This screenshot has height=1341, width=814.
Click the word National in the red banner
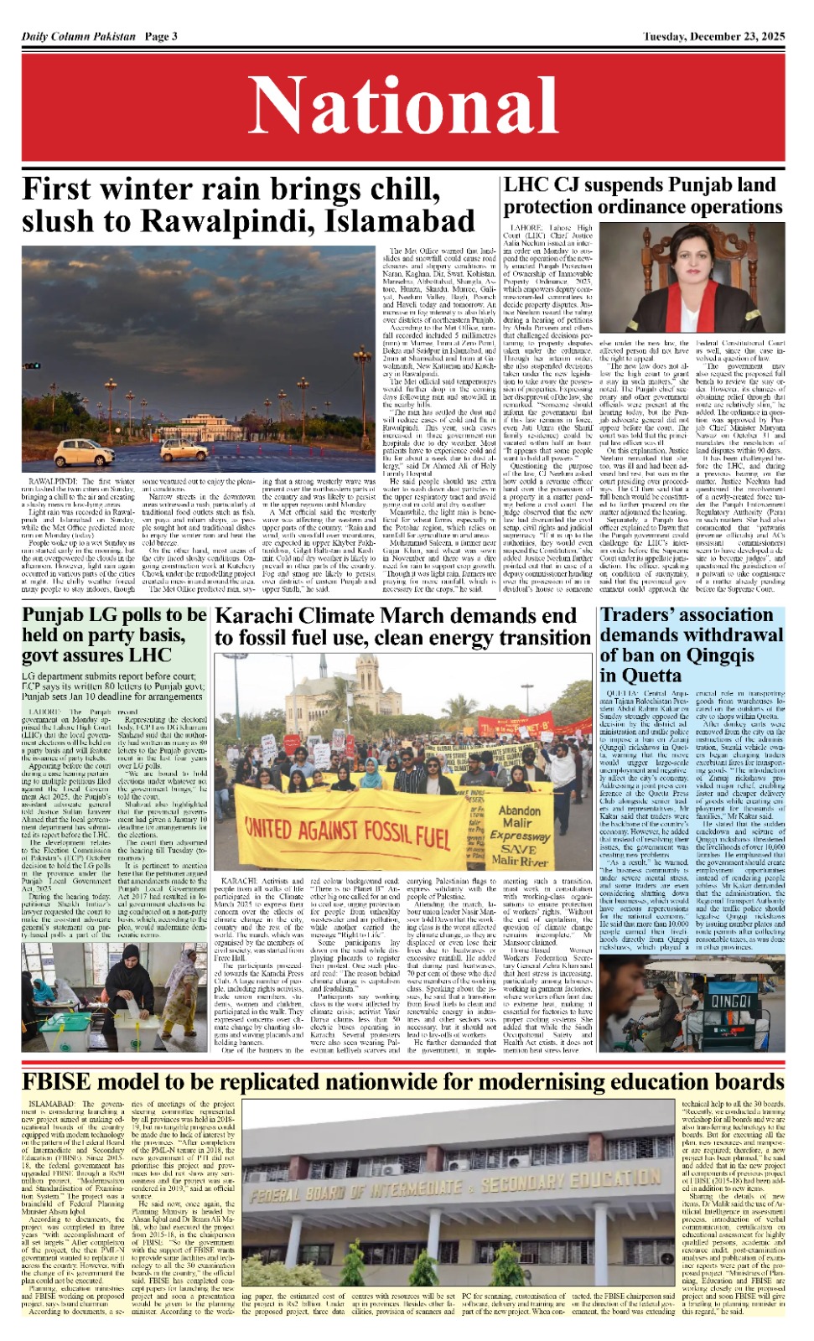(x=407, y=106)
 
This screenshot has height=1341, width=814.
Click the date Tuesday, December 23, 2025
(x=713, y=36)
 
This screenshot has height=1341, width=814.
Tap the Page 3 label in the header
(x=161, y=36)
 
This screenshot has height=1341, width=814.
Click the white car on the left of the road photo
(x=84, y=453)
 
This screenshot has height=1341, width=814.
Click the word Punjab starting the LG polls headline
(x=53, y=614)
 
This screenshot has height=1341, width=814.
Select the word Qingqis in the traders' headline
(x=714, y=655)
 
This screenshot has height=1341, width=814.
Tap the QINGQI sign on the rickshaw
(x=730, y=1001)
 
